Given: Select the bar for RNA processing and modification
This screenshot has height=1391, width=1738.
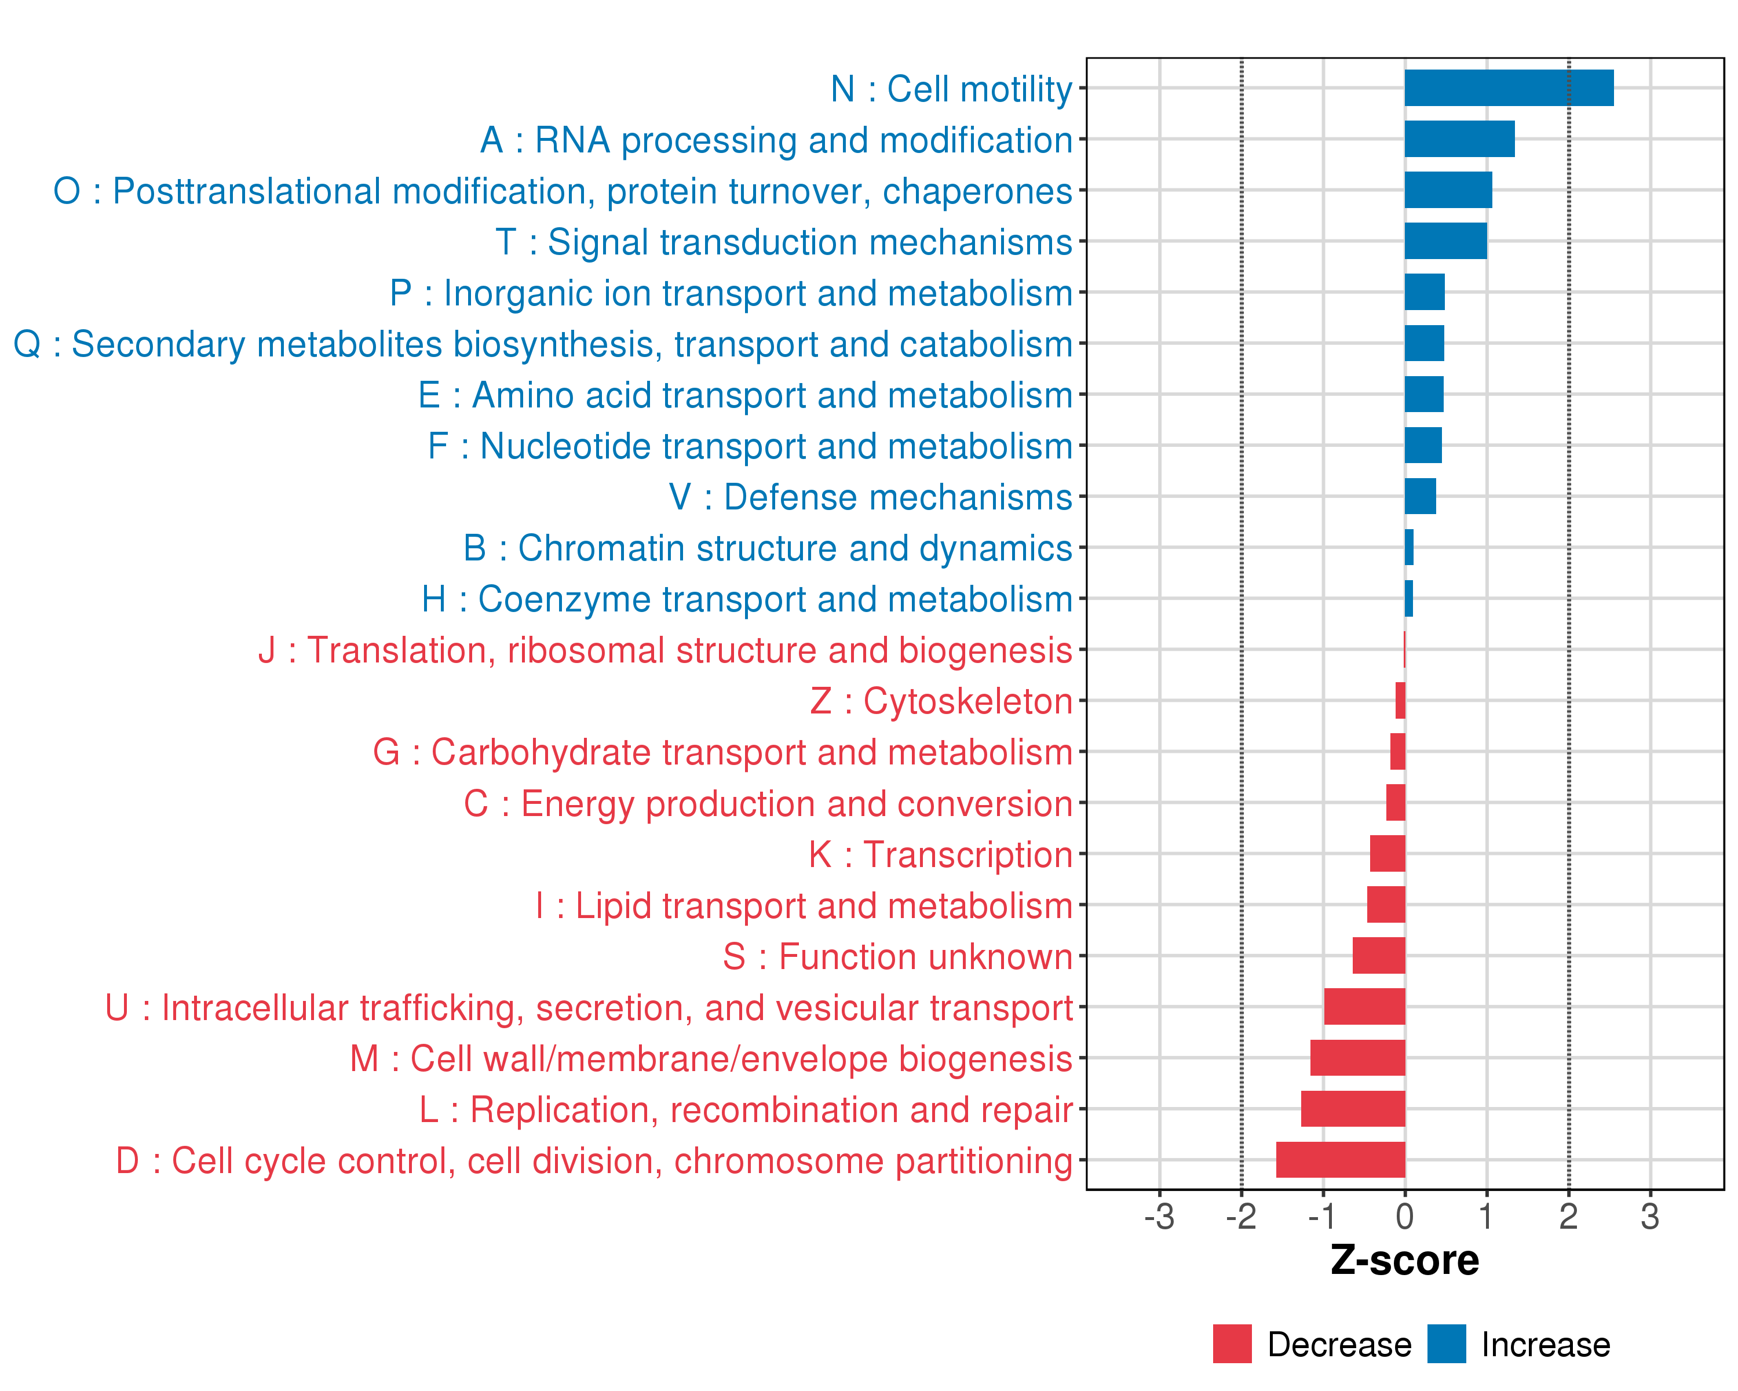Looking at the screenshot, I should tap(1459, 139).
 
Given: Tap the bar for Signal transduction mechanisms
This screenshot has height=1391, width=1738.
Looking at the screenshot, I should tap(1445, 241).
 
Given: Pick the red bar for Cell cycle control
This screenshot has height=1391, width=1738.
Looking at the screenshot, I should tap(1340, 1160).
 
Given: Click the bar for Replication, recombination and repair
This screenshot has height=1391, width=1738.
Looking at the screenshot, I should tap(1353, 1109).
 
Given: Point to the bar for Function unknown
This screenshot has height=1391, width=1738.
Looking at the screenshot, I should tap(1378, 956).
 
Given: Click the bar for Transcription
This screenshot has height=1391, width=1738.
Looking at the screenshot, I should tap(1388, 853).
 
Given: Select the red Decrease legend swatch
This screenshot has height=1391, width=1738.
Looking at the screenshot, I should tap(1232, 1343).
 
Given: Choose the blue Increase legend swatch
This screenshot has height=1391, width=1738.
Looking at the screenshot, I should tap(1446, 1343).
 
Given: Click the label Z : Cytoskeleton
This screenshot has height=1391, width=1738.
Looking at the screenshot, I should tap(941, 701).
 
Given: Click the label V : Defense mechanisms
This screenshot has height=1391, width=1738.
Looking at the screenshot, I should tap(871, 497).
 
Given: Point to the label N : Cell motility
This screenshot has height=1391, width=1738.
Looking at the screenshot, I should tap(951, 89).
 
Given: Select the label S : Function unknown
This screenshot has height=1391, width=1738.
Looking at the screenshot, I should tap(897, 956).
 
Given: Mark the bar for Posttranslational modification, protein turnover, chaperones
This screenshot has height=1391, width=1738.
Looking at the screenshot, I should tap(1448, 190).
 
